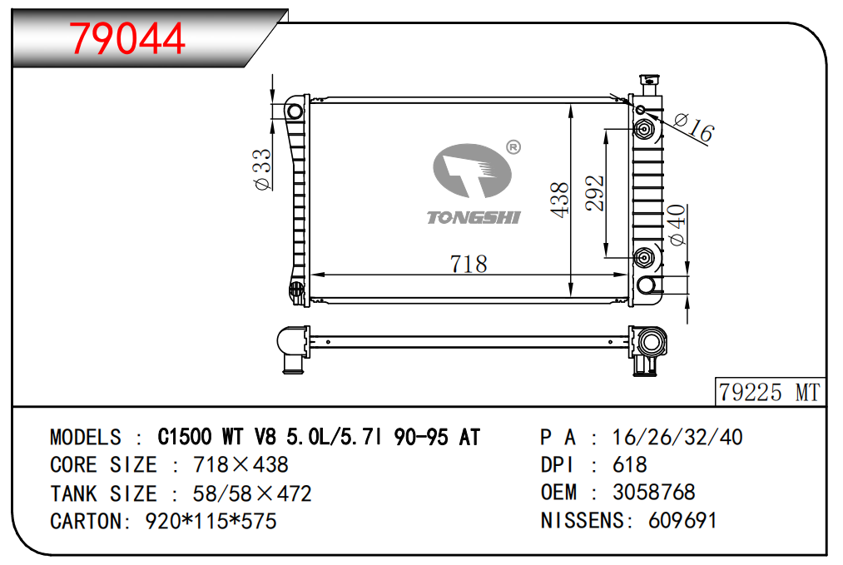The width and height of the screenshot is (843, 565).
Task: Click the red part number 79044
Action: (x=126, y=38)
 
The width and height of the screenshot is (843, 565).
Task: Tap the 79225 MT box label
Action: (x=769, y=392)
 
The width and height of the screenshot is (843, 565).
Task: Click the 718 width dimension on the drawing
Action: (x=469, y=264)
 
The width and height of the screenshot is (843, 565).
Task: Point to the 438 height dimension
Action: (x=560, y=200)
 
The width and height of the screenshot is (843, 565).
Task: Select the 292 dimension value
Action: (x=595, y=192)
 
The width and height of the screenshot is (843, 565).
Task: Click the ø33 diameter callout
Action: (x=262, y=170)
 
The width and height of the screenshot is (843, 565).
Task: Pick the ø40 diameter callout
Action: (x=677, y=225)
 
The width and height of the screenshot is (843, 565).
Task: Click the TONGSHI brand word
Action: (x=474, y=217)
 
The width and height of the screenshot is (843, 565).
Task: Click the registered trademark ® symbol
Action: (x=513, y=147)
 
